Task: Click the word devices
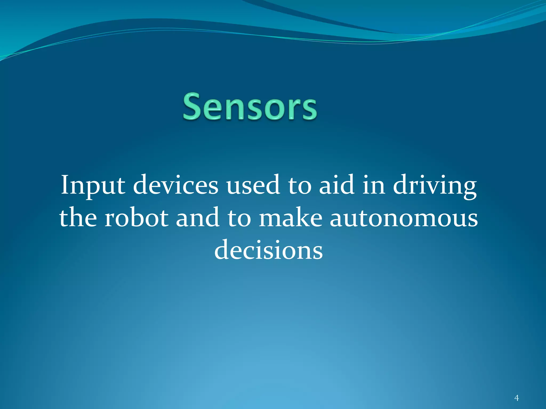(x=176, y=185)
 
